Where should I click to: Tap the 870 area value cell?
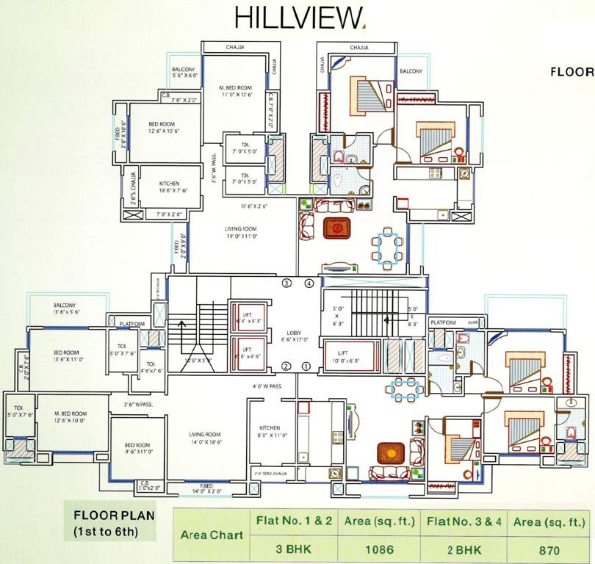click(x=548, y=549)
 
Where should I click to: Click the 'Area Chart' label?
click(x=212, y=535)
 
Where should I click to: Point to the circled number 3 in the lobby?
click(x=287, y=283)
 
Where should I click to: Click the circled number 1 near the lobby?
click(x=307, y=367)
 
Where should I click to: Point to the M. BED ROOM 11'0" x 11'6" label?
click(x=235, y=91)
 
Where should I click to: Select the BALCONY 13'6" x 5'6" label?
click(x=65, y=308)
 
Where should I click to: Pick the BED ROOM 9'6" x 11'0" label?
click(x=137, y=449)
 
